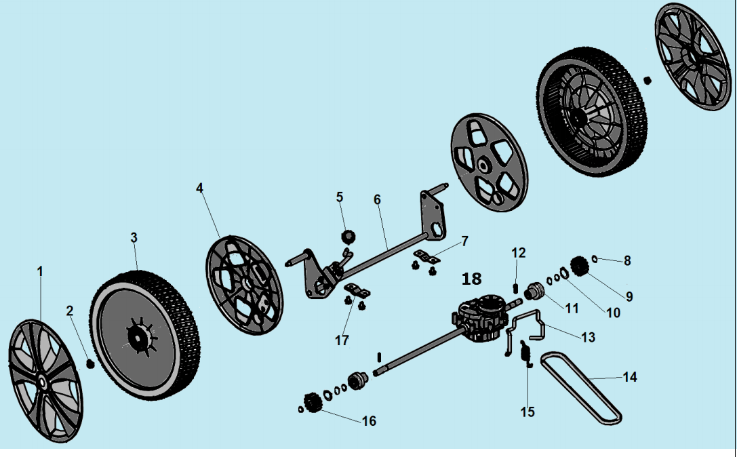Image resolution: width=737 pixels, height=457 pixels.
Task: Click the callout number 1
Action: click(40, 271)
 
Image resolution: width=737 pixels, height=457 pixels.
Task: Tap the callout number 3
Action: click(134, 237)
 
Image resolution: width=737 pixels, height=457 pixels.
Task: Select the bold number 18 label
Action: click(471, 279)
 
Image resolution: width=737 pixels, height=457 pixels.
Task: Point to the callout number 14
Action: click(630, 377)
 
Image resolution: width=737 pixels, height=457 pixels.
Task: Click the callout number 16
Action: click(369, 421)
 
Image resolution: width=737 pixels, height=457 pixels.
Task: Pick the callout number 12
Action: click(518, 253)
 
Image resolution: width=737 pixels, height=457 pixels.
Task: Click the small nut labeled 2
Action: click(90, 364)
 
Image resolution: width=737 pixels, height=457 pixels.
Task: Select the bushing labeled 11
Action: click(535, 292)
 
